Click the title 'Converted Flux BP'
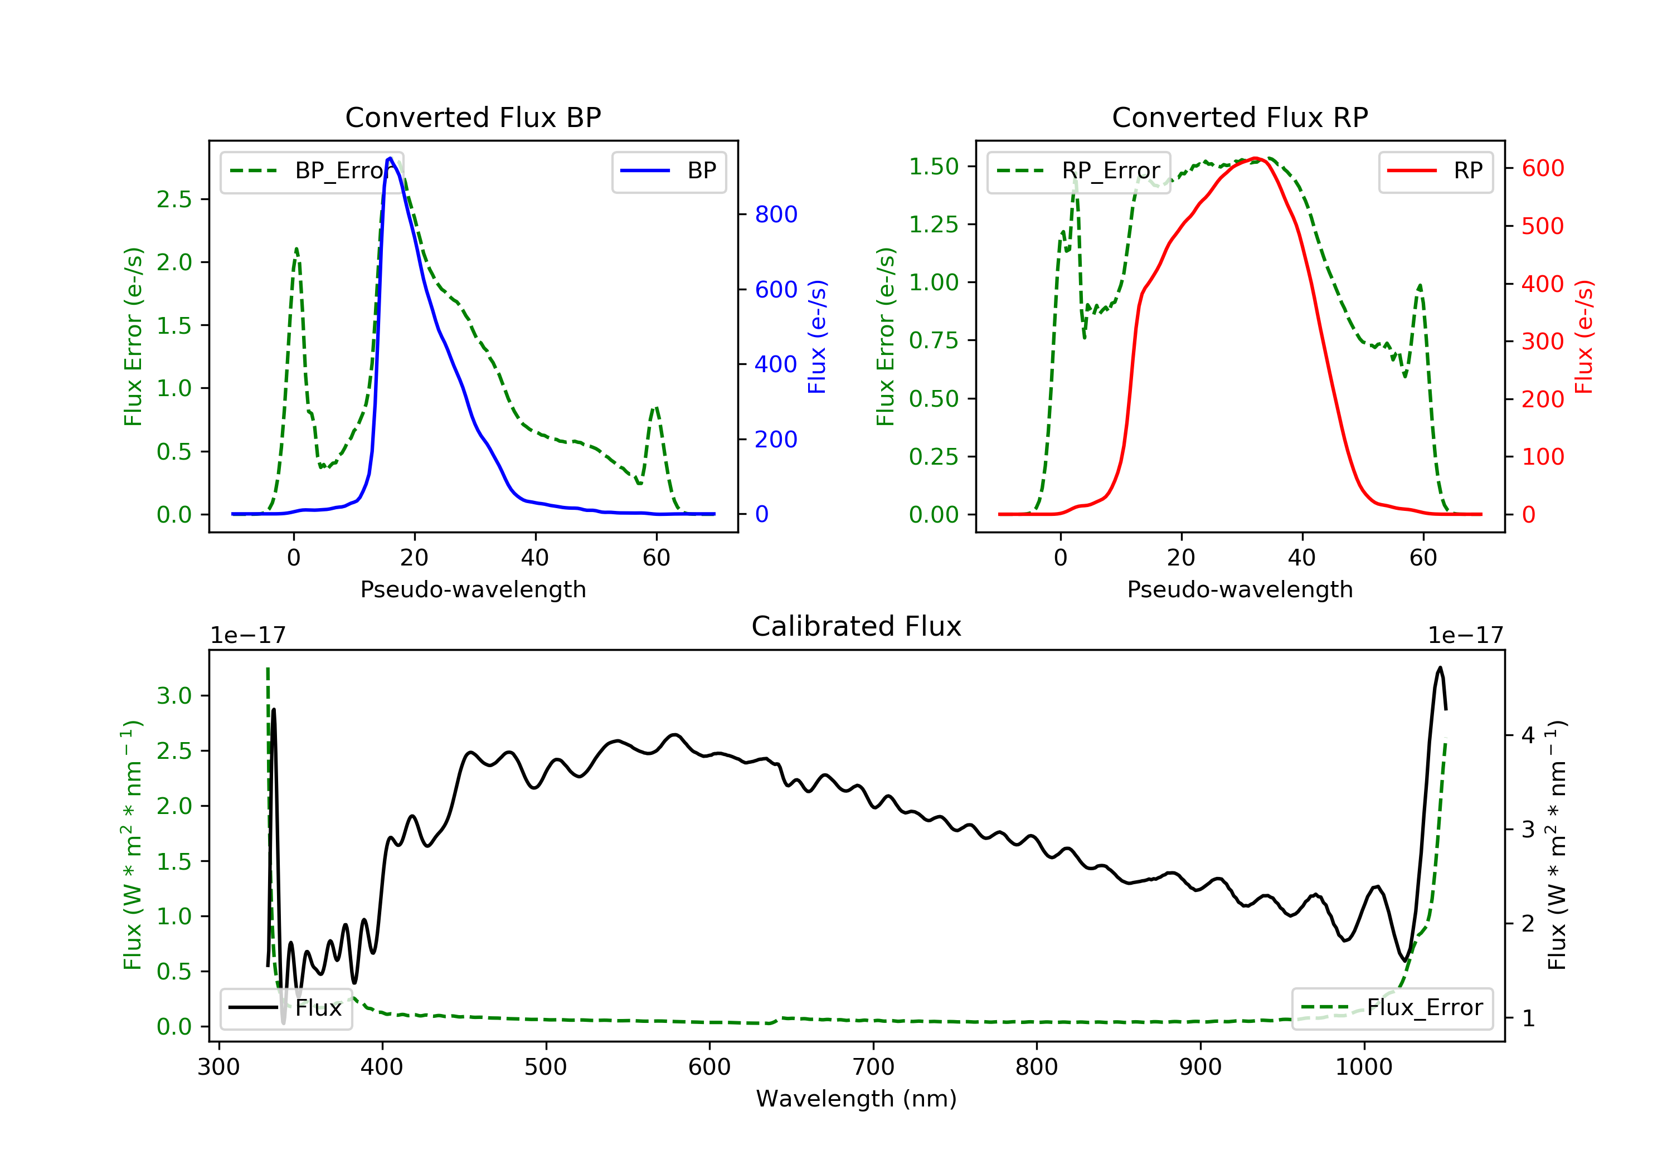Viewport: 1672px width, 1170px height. point(473,117)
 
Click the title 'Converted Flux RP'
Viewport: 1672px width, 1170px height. point(1240,117)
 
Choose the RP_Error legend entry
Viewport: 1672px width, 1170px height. point(1078,171)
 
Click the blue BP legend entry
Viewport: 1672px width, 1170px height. point(668,171)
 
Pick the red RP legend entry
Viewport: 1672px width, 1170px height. point(1435,171)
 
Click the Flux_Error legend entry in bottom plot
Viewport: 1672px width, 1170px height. point(1392,1008)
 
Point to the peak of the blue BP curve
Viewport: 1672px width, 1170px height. point(390,158)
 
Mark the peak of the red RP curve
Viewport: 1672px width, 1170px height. point(1256,158)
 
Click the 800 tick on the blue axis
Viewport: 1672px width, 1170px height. point(776,214)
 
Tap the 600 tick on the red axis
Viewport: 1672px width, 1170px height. point(1542,168)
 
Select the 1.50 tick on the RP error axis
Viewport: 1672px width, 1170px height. point(934,167)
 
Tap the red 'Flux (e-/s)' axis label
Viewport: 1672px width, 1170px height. point(1584,337)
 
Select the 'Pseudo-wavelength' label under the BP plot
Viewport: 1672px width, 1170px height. point(473,589)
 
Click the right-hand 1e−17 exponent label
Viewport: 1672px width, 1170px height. point(1465,636)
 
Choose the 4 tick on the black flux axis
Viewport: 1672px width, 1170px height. point(1528,735)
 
